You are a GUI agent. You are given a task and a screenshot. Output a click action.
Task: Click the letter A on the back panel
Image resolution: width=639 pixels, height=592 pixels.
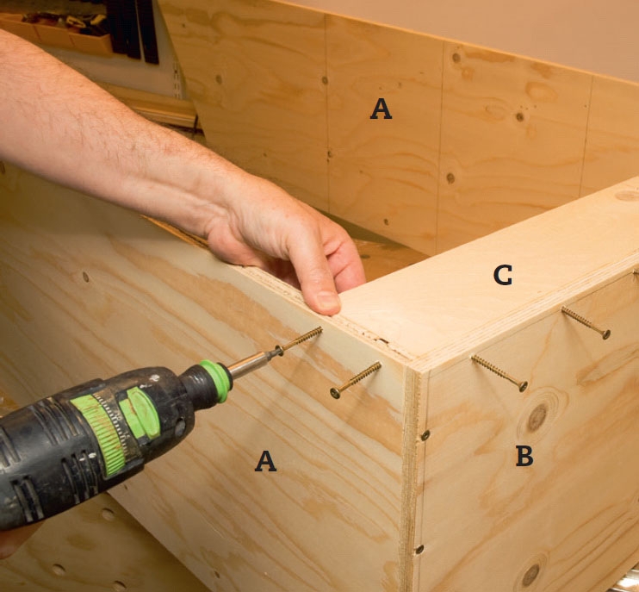click(x=381, y=109)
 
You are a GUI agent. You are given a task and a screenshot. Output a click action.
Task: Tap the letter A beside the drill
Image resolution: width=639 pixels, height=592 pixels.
click(x=266, y=461)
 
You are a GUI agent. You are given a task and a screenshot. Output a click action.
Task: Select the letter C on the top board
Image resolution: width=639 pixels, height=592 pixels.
click(x=502, y=275)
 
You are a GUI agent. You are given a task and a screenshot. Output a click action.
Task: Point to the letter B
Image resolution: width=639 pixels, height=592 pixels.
click(x=524, y=456)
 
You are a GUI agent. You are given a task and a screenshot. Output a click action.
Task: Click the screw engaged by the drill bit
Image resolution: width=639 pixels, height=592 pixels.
click(x=299, y=340)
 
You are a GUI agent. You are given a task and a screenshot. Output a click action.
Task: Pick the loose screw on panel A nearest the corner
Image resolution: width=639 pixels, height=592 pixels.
click(x=356, y=380)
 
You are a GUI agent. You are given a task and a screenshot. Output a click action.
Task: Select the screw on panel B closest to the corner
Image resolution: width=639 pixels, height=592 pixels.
click(x=499, y=373)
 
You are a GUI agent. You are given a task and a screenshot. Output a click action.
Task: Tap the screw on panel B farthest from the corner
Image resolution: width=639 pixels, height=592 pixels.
click(x=586, y=322)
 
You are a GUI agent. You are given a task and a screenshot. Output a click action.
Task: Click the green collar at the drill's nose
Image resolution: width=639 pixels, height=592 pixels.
click(x=217, y=380)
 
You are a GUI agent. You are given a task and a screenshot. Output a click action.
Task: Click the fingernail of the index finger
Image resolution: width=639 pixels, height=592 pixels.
click(x=328, y=301)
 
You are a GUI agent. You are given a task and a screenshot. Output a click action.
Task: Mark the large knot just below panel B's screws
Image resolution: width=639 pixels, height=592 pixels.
click(x=537, y=417)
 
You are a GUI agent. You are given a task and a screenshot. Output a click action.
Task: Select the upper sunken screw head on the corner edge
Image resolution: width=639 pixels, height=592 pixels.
click(x=425, y=435)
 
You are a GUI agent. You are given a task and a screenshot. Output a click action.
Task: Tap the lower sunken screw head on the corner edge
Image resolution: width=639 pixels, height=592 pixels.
click(x=419, y=549)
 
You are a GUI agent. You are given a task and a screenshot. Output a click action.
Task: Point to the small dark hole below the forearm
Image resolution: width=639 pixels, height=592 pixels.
click(x=85, y=277)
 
